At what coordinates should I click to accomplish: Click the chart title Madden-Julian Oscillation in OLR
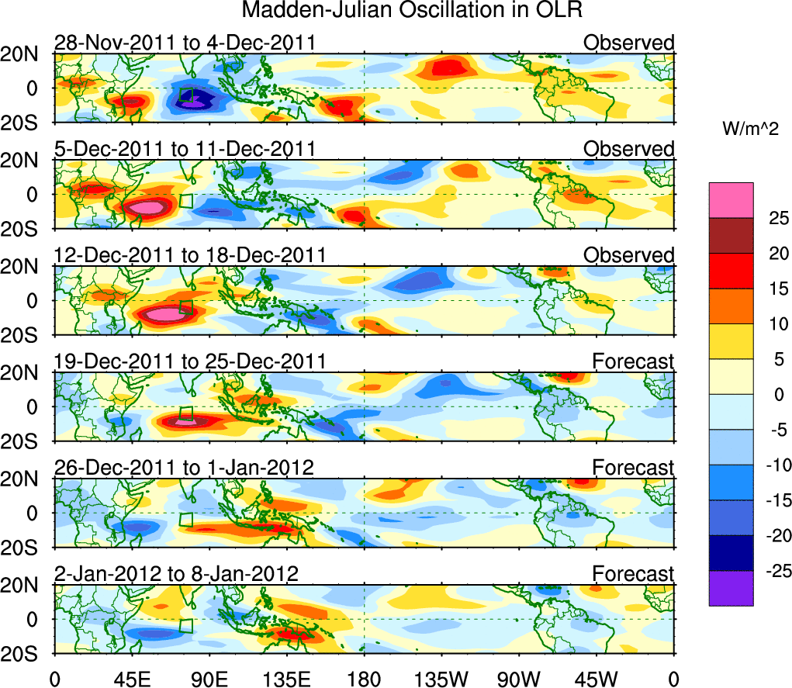[x=412, y=11]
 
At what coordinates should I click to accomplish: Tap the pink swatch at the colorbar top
[x=731, y=200]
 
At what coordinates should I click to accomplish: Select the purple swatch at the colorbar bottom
[x=731, y=588]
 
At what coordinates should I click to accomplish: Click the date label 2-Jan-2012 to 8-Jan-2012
[x=177, y=574]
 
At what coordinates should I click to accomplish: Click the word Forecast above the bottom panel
[x=634, y=574]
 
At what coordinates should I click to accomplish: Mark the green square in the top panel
[x=186, y=95]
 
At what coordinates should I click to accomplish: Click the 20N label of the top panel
[x=22, y=54]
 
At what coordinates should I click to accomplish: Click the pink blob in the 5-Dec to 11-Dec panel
[x=147, y=208]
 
